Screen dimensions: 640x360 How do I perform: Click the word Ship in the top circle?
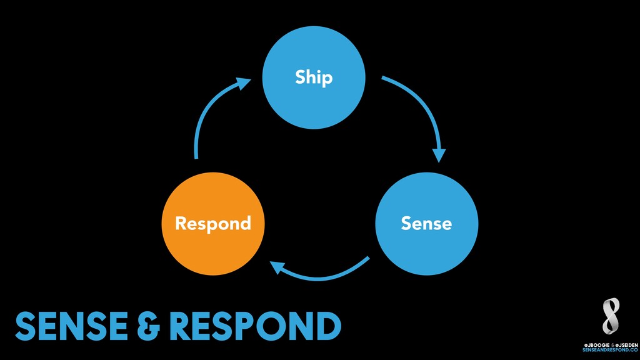314,77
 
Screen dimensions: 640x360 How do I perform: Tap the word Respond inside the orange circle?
213,224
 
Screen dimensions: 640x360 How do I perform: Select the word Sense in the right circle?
426,223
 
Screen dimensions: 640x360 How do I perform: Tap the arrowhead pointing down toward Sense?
439,156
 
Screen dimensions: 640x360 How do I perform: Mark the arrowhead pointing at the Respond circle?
277,267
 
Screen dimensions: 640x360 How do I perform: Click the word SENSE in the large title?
71,326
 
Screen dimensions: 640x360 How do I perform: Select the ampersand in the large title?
149,326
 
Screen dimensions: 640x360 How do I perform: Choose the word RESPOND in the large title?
255,326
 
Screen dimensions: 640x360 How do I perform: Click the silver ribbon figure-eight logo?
611,316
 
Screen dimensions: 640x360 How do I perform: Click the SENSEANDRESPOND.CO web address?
610,350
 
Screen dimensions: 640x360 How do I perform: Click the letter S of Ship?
301,77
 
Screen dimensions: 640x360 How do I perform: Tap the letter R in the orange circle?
181,223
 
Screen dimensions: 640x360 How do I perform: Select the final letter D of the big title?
328,326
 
